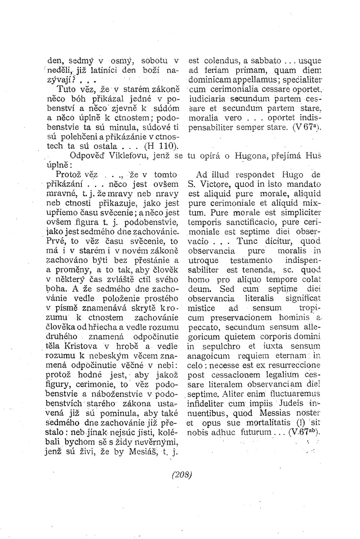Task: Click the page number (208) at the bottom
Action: coord(181,474)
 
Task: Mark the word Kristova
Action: coord(81,346)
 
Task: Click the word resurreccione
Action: coord(291,365)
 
